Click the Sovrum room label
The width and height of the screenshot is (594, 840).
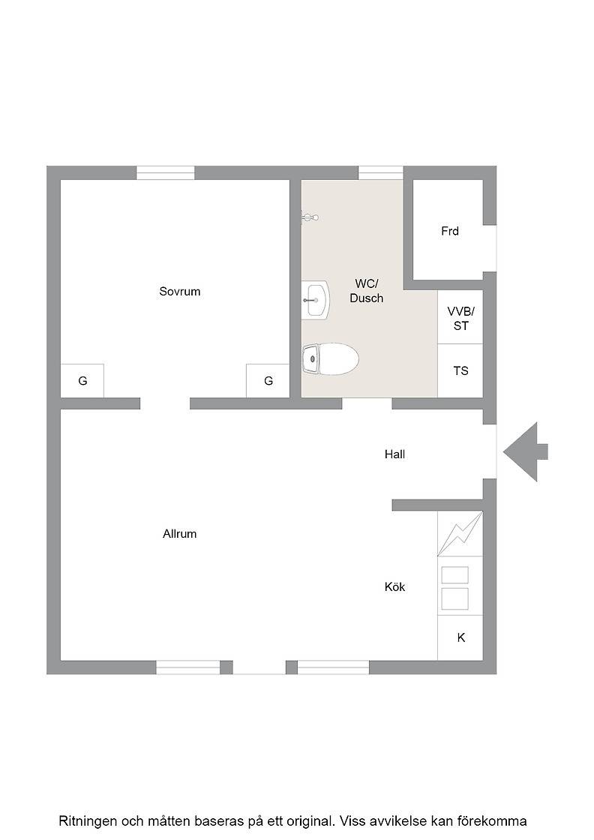coord(179,292)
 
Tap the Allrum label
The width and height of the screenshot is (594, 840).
coord(179,533)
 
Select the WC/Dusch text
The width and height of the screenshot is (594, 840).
coord(366,291)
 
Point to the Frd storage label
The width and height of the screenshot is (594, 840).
coord(450,231)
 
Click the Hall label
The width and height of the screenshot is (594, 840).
coord(394,454)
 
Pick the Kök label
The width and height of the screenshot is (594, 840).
coord(394,586)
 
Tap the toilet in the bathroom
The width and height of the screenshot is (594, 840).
coord(330,359)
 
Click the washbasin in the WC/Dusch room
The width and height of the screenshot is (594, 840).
coord(315,301)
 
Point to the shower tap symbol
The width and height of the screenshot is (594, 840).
coord(310,217)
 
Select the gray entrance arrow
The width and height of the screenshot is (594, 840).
coord(525,451)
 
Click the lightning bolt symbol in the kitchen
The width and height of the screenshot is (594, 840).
coord(460,533)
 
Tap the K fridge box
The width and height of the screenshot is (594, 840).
coord(460,637)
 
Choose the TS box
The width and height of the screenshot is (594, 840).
coord(460,370)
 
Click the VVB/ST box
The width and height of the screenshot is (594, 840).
coord(460,317)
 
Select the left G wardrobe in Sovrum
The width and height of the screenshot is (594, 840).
coord(82,381)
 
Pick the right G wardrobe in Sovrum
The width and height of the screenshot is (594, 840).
coord(268,381)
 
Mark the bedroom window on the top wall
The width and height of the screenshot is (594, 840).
coord(166,172)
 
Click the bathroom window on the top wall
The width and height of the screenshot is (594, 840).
coord(380,172)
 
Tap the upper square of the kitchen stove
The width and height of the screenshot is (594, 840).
coord(454,574)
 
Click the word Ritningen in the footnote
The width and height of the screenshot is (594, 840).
coord(88,820)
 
